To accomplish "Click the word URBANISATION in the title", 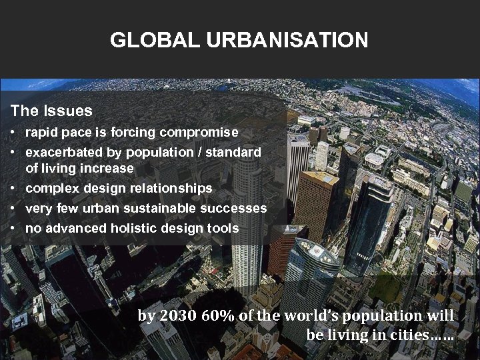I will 287,40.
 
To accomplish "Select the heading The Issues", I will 51,110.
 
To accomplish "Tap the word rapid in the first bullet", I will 41,133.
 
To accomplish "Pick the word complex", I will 51,189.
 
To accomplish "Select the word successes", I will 235,209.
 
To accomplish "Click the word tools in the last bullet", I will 223,229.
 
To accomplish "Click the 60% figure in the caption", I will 217,315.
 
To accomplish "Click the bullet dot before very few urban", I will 13,209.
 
